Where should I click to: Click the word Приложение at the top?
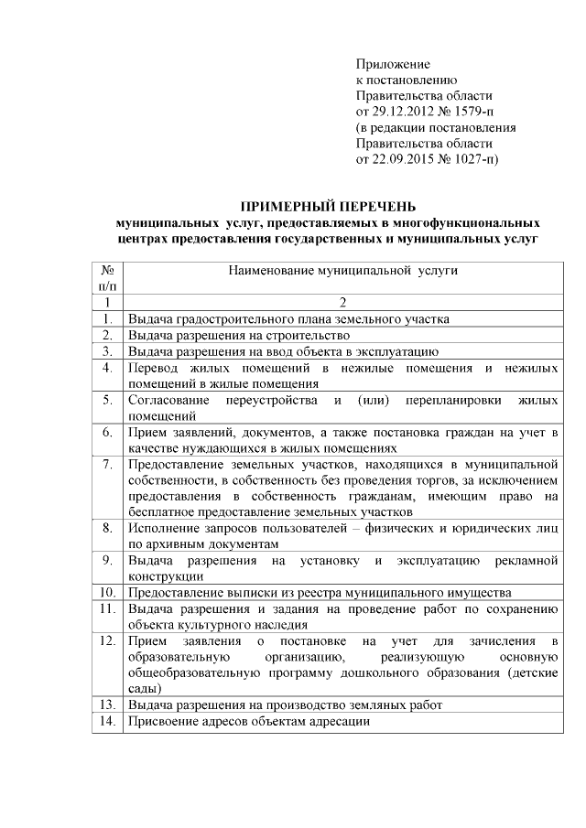tap(393, 64)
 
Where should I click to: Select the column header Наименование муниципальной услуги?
tap(342, 271)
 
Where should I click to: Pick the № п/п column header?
tap(107, 278)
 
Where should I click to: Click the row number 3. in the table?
tap(107, 351)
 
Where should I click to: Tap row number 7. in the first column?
tap(107, 465)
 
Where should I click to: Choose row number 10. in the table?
tap(107, 592)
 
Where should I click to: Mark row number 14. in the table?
tap(107, 721)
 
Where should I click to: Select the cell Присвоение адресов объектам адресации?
tap(249, 721)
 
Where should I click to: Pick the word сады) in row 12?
tap(145, 688)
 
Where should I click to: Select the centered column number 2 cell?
tap(342, 303)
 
